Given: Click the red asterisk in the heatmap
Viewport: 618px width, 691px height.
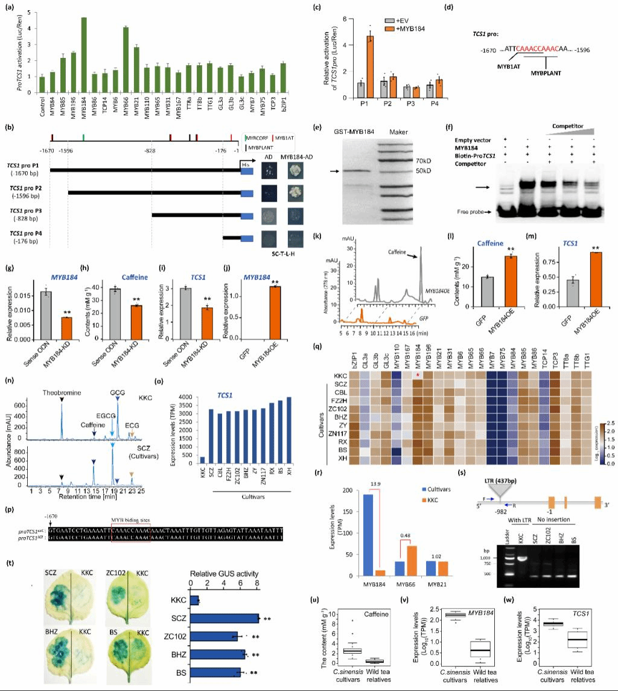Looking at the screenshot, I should click(417, 375).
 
